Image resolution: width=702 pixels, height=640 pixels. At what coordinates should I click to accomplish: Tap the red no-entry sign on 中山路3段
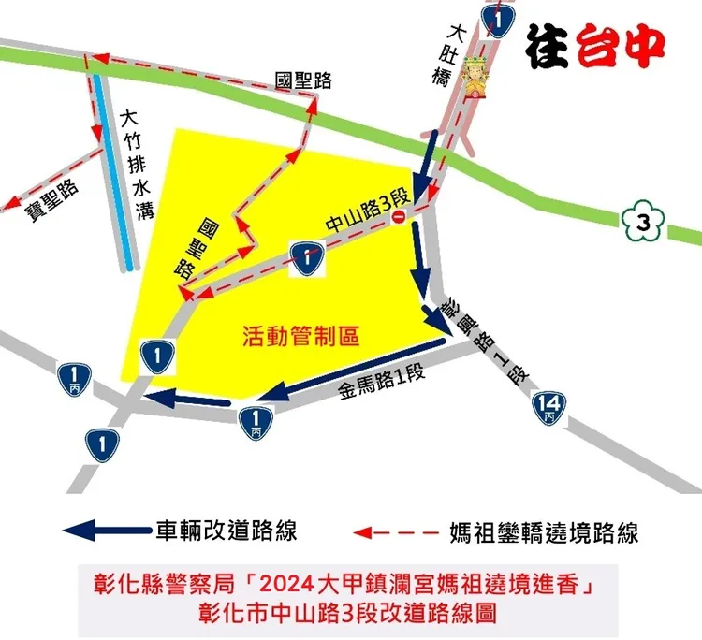click(399, 219)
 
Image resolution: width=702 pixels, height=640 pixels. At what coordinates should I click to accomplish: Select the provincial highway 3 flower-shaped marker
click(641, 223)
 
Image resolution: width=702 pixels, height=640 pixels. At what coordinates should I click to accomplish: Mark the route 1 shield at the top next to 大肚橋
click(498, 20)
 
